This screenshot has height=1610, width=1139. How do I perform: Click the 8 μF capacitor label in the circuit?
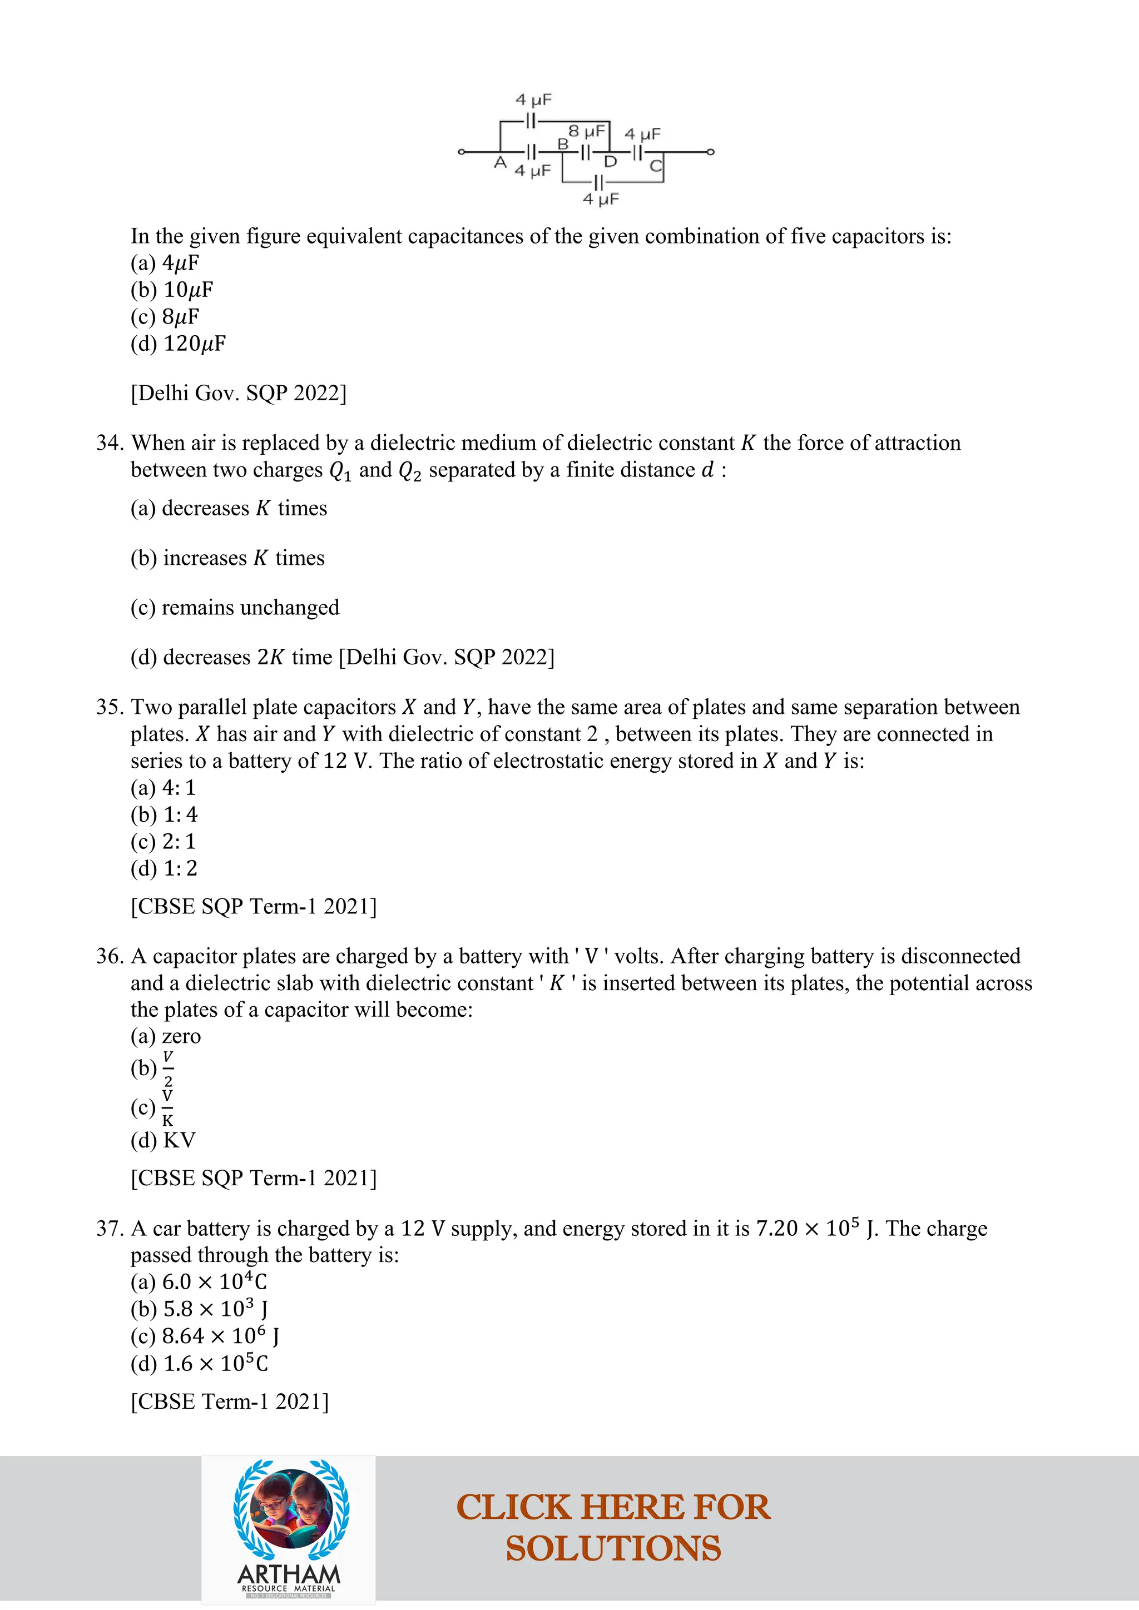586,131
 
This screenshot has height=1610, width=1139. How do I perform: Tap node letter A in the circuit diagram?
500,163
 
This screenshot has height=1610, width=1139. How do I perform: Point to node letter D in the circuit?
610,162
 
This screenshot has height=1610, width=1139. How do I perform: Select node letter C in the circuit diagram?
655,166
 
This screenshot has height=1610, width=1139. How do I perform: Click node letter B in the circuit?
562,144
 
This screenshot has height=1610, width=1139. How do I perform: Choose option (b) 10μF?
172,290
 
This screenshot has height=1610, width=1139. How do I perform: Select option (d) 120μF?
178,344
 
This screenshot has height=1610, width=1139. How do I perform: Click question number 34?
110,443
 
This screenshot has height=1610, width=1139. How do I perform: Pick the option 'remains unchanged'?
235,607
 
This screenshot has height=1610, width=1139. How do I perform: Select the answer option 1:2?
164,869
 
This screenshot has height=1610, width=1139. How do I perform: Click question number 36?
110,956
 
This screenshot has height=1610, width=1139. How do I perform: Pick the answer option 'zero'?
166,1036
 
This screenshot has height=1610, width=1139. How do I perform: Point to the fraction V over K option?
167,1107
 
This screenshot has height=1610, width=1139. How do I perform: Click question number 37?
110,1229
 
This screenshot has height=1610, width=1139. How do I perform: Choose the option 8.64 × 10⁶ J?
205,1336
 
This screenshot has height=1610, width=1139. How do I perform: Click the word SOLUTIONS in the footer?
613,1549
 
